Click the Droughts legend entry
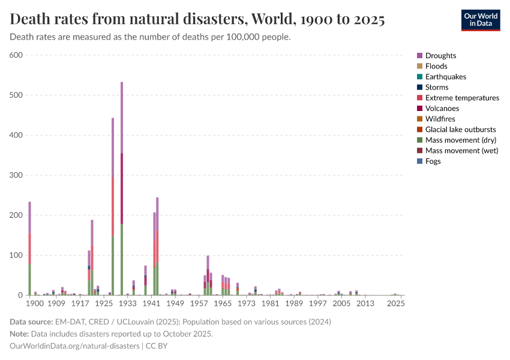[440, 56]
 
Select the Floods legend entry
[436, 66]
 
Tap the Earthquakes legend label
[446, 77]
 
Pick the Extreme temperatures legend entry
[462, 98]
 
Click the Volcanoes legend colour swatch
[420, 109]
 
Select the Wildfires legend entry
[440, 119]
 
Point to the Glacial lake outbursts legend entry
[461, 130]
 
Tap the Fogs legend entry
[433, 161]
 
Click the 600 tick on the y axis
[16, 55]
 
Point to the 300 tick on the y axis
[16, 175]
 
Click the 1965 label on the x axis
[223, 304]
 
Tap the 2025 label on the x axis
[395, 304]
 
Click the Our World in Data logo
[480, 20]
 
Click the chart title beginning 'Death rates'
[197, 19]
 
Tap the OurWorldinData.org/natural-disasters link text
[74, 346]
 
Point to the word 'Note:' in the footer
[20, 334]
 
